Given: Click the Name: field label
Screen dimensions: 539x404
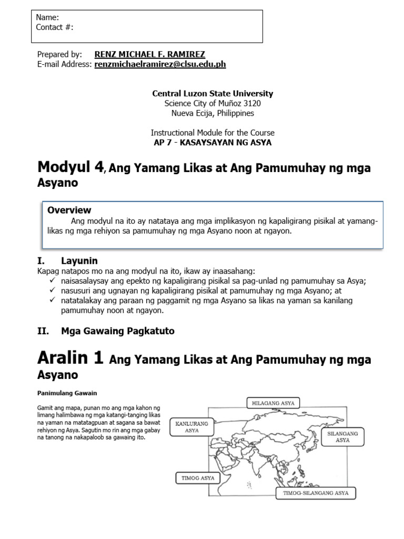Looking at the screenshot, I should tap(47, 17).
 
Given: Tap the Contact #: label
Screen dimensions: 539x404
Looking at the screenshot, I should tap(55, 27).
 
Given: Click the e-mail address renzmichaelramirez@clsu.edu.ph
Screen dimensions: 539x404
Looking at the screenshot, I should tap(160, 64).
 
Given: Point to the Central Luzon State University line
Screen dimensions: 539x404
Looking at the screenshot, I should tap(213, 94).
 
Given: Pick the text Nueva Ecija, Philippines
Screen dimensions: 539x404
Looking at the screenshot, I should tap(213, 113).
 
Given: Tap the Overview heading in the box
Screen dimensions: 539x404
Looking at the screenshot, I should tap(69, 210).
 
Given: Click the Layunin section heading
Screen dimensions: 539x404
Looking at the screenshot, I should tap(79, 261).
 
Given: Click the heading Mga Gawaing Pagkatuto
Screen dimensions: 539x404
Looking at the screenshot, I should tap(118, 331).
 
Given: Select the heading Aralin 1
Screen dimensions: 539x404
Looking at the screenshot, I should tap(70, 358).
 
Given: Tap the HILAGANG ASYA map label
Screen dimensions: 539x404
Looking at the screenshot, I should tap(272, 403).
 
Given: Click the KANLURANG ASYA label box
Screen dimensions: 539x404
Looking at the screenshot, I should tap(191, 426).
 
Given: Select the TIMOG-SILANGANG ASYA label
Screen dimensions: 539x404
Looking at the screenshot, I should tap(316, 493).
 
